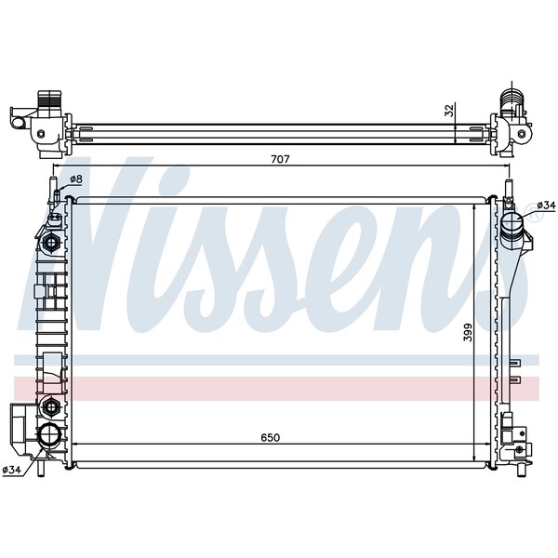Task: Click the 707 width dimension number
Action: [281, 159]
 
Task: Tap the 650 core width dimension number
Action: [270, 437]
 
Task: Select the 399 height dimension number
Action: [468, 332]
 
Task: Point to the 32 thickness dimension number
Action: [449, 110]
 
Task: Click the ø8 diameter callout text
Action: [76, 179]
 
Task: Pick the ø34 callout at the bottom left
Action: [13, 471]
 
